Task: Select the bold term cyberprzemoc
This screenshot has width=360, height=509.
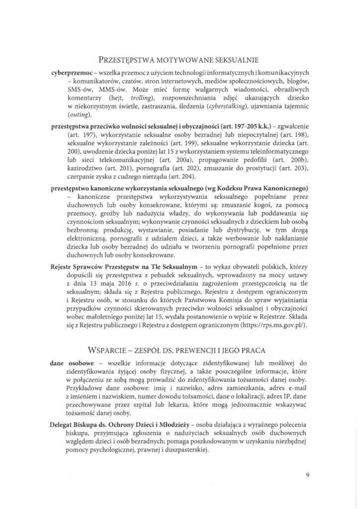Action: (x=72, y=72)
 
